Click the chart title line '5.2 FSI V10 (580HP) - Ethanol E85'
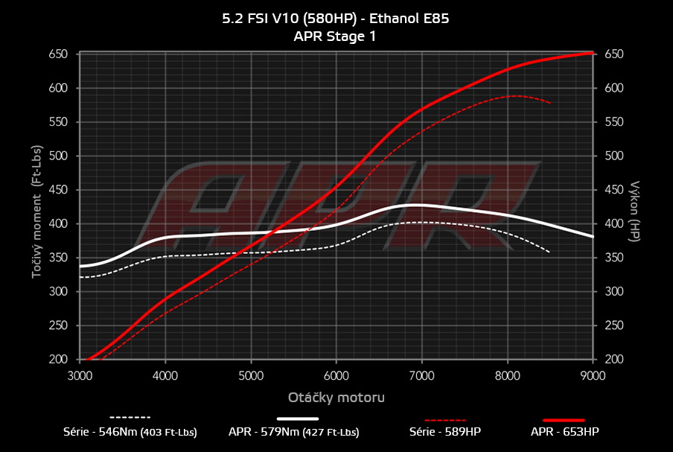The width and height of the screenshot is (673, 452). [x=336, y=19]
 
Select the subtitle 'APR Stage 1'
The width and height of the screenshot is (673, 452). [x=336, y=36]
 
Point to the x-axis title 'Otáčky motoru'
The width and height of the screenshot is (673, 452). [x=336, y=398]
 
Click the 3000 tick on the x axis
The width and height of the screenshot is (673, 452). [x=80, y=377]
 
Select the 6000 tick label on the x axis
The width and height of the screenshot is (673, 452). [x=336, y=377]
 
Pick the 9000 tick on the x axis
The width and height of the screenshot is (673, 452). [x=593, y=377]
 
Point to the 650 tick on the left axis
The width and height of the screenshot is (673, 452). [x=58, y=54]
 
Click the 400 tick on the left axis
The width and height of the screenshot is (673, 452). [x=58, y=224]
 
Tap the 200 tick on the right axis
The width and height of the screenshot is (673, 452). [x=613, y=360]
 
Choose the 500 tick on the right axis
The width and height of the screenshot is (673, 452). [x=613, y=156]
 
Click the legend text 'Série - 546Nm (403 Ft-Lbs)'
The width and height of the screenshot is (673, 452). [x=130, y=432]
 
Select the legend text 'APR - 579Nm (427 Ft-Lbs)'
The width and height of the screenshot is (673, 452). [x=294, y=432]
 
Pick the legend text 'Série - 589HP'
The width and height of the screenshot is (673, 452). [x=447, y=432]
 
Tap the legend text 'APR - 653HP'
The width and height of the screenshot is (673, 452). [x=564, y=432]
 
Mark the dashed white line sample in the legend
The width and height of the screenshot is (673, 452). [x=130, y=418]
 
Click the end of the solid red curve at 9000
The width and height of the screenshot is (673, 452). [x=593, y=53]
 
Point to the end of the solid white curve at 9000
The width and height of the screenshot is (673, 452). [x=593, y=236]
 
